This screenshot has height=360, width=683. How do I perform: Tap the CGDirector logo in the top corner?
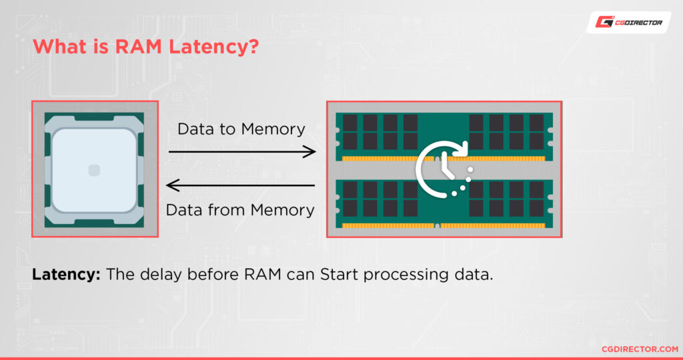[x=628, y=23]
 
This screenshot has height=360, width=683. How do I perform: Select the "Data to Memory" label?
[x=241, y=129]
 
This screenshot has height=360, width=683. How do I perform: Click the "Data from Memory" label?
[x=240, y=210]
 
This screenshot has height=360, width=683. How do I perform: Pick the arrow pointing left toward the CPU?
[x=240, y=185]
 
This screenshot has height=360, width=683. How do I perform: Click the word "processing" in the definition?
[x=407, y=274]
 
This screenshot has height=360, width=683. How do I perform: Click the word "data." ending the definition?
[x=475, y=274]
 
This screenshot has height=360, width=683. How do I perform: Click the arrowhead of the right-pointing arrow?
[x=309, y=152]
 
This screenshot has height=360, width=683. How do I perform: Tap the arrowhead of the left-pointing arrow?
[x=172, y=185]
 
